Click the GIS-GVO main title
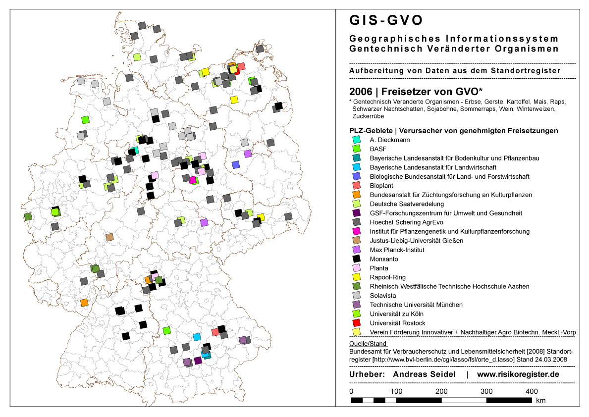tap(386, 20)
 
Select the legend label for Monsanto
tap(384, 259)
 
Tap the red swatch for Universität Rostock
tap(356, 323)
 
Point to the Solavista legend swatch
tap(356, 296)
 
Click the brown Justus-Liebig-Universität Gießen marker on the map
tap(110, 237)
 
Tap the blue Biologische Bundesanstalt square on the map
tap(236, 164)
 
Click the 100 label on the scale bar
tap(395, 391)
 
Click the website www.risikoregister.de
tap(518, 374)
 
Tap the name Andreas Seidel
tap(424, 374)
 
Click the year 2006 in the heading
tap(360, 92)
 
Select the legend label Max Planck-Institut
tap(397, 250)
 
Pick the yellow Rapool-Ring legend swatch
tap(356, 277)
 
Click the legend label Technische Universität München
tap(416, 305)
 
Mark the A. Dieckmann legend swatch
tap(356, 140)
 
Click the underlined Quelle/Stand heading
tap(368, 343)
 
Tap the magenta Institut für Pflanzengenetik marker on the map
tap(193, 180)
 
